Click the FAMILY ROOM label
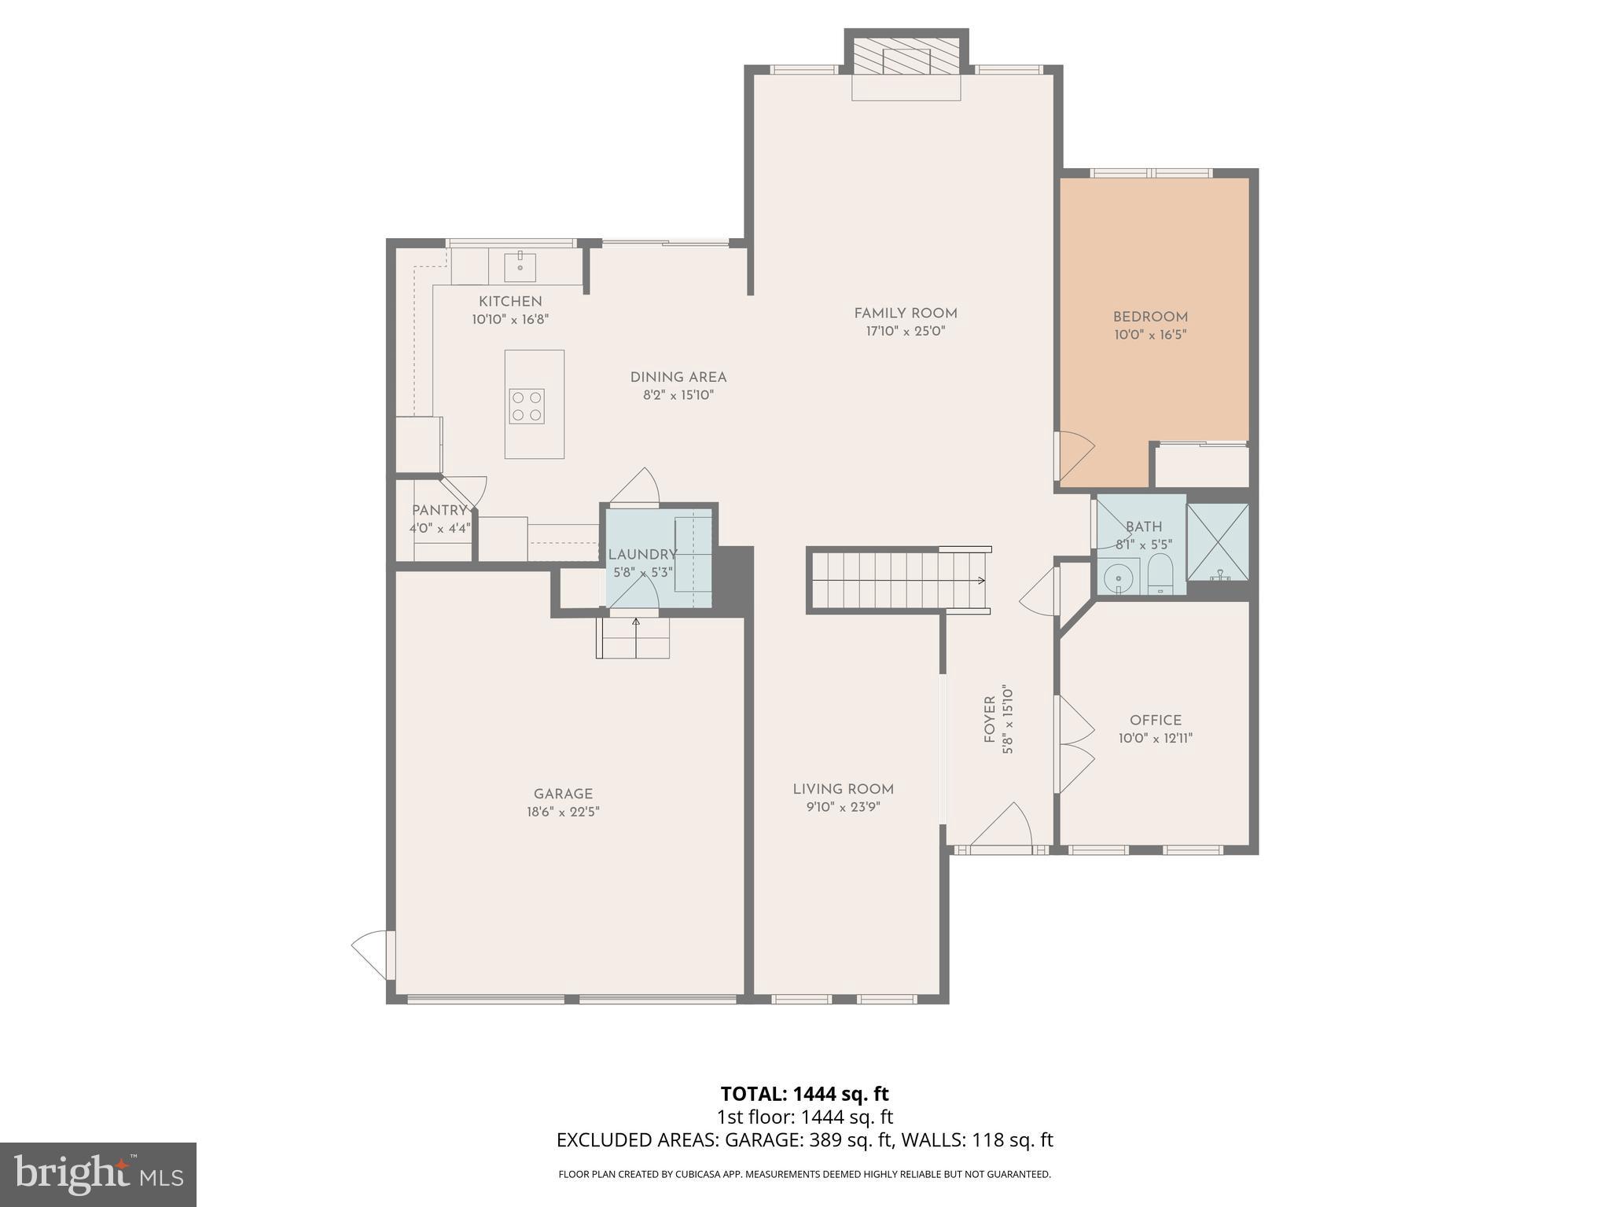905,314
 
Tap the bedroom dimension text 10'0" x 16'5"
1149,335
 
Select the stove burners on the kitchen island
526,406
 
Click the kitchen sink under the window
519,266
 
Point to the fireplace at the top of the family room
906,62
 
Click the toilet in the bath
1160,574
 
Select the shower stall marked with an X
1217,541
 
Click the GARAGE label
563,794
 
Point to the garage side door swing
371,953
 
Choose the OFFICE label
1155,720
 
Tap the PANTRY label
439,511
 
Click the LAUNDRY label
641,554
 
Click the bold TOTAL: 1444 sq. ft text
804,1094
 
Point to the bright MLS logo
97,1175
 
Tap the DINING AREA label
678,377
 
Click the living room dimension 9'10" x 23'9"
843,807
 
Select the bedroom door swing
1075,456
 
